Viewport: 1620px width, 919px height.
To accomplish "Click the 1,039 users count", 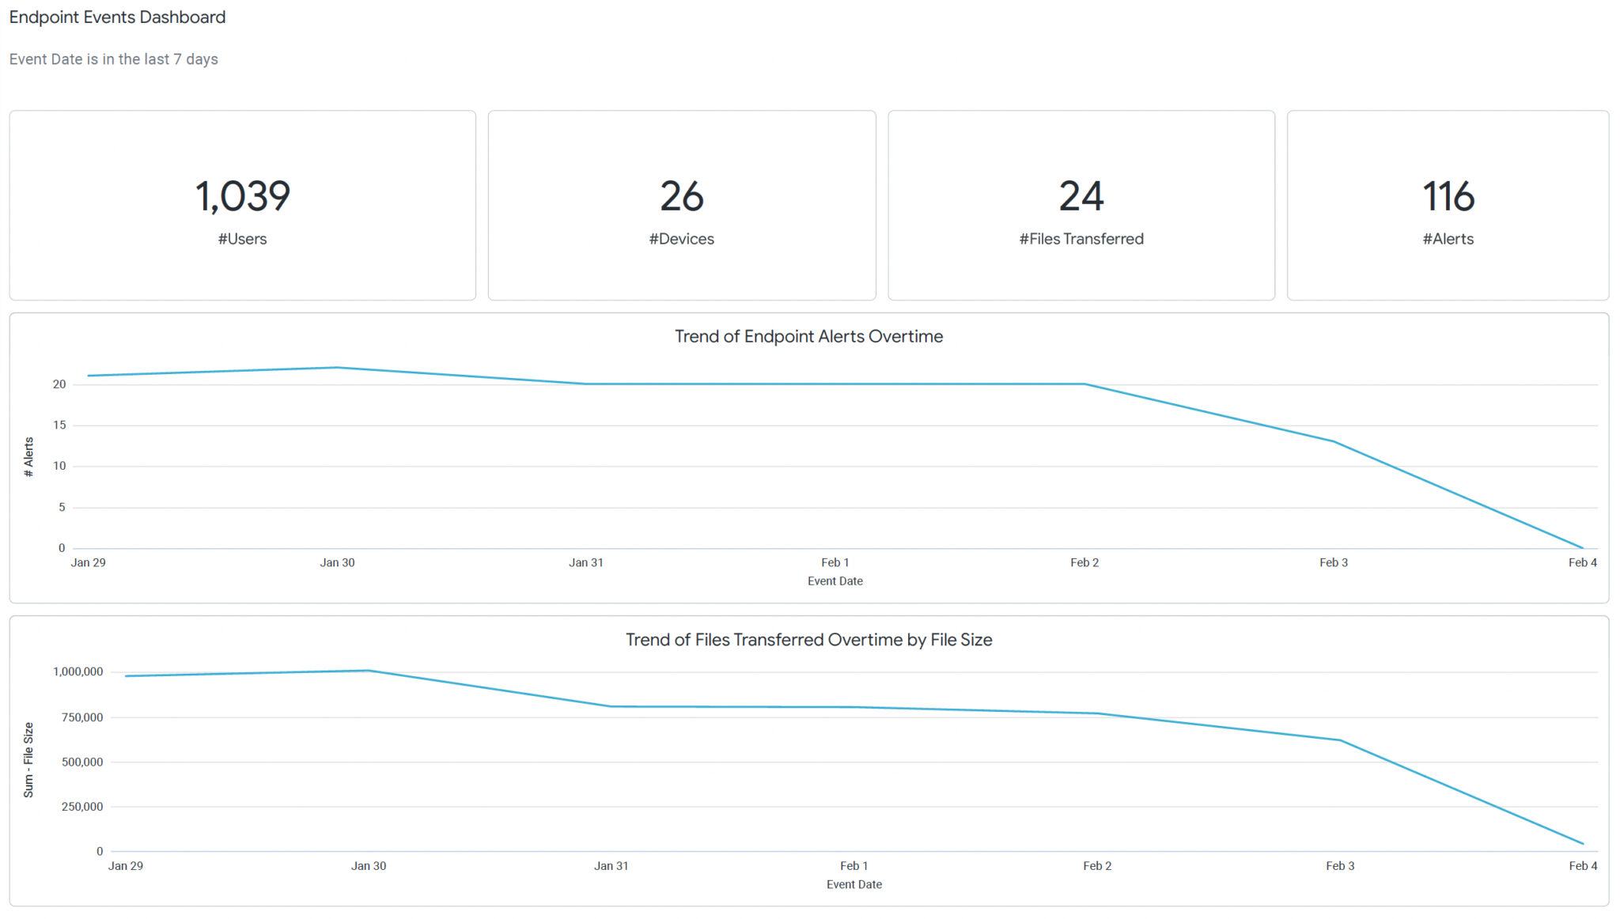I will point(243,196).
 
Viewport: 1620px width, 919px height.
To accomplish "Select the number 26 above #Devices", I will point(682,196).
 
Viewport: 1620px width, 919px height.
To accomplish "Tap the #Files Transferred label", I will point(1081,239).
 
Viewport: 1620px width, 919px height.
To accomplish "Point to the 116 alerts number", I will point(1448,196).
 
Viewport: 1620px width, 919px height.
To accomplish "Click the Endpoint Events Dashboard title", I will point(117,17).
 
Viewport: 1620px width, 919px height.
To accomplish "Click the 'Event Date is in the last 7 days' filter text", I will point(114,59).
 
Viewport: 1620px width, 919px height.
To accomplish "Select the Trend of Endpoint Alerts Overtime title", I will point(808,336).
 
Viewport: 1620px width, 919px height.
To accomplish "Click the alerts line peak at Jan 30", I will point(337,368).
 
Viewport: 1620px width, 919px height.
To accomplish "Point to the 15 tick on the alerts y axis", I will point(59,425).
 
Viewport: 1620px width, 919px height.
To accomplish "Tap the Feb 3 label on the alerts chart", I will point(1334,562).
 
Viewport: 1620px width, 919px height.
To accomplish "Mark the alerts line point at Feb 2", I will point(1084,384).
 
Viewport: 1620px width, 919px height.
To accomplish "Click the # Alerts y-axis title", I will point(28,457).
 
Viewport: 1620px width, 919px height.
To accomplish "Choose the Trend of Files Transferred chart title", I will point(808,640).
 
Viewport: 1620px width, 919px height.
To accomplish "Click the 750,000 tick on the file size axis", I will point(78,717).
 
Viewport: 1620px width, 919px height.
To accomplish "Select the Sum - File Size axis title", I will point(28,759).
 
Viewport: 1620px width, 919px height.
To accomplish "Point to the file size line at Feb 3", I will point(1340,740).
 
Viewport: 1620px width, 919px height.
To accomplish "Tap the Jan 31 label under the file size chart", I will point(611,866).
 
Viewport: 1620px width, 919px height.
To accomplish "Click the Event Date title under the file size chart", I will point(854,884).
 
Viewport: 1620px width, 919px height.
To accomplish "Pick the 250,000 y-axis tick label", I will point(82,807).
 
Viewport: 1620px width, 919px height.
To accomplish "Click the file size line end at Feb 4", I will point(1582,844).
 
